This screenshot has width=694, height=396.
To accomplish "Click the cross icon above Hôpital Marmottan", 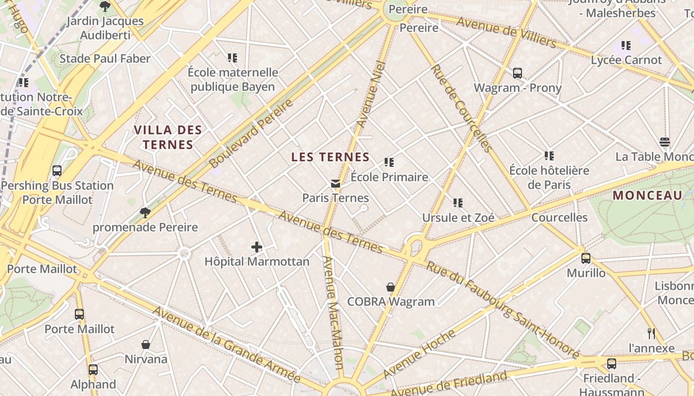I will [x=257, y=247].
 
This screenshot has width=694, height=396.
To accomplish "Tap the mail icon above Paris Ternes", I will [x=336, y=184].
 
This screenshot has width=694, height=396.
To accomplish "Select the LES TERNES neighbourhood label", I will [x=330, y=157].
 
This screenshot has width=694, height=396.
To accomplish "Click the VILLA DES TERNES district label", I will [x=168, y=138].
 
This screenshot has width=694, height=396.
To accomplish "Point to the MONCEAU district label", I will [x=647, y=196].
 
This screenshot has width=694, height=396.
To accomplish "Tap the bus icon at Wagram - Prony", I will [x=518, y=73].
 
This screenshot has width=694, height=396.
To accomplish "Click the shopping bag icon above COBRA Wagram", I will [x=391, y=287].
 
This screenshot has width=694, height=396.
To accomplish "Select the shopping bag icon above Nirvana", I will [x=146, y=345].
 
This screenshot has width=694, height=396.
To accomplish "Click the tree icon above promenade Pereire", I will [x=145, y=213].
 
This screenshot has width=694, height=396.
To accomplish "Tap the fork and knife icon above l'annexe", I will [x=651, y=334].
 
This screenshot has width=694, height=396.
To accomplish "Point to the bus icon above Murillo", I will [x=586, y=258].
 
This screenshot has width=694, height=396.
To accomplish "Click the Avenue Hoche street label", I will [x=419, y=353].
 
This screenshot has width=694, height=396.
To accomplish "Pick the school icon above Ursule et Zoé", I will [x=458, y=203].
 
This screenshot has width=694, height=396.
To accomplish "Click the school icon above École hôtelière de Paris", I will [x=549, y=156].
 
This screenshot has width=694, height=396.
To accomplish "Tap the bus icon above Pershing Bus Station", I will [x=57, y=171].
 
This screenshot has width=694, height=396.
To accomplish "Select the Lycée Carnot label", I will [x=626, y=60].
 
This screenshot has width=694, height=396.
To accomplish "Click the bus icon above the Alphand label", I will [x=93, y=370].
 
